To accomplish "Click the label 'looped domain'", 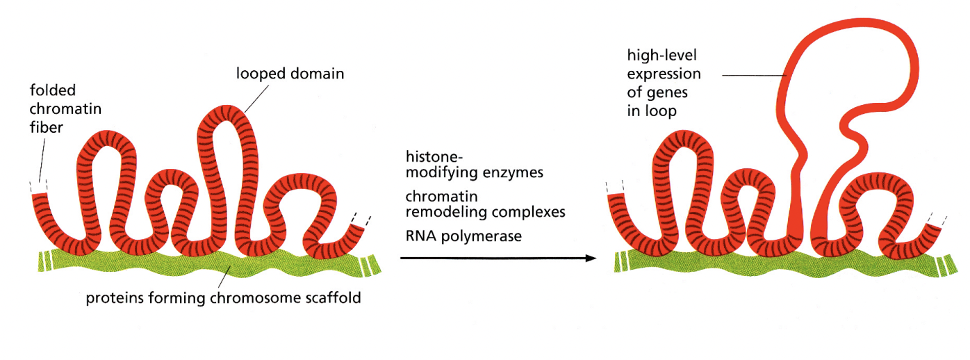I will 289,73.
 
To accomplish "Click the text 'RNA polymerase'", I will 463,236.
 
